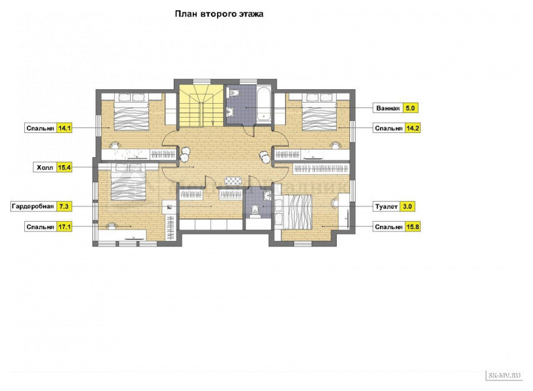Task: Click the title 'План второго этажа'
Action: pos(219,14)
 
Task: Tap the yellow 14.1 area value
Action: pos(64,128)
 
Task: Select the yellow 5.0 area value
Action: pos(410,108)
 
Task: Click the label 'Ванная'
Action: pos(388,108)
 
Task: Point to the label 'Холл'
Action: pos(45,168)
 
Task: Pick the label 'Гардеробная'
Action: pos(33,206)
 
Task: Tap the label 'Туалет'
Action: pos(386,206)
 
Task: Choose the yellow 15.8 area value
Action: pos(413,226)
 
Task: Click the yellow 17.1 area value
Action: pos(64,226)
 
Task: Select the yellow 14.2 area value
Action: pos(413,128)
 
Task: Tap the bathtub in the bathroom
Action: pos(264,104)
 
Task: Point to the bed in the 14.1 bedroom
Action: pos(131,112)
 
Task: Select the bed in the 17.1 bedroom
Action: pos(128,182)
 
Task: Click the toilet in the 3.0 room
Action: pos(254,211)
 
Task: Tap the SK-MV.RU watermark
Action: pos(504,375)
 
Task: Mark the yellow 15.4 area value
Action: pos(64,168)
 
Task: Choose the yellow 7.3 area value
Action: pos(64,206)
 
